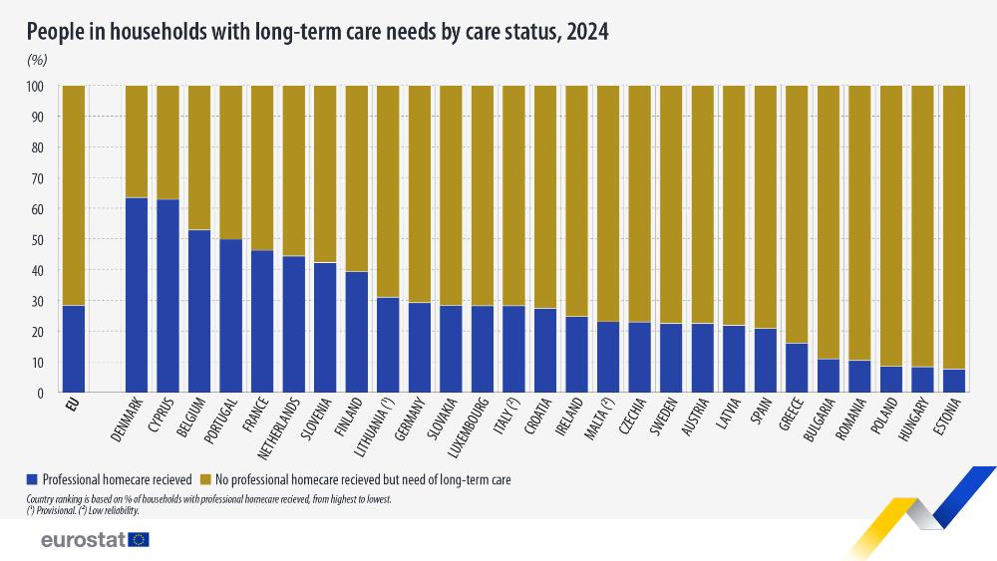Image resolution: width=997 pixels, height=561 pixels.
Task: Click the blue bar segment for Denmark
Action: [137, 295]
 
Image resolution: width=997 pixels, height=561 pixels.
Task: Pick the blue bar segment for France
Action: [262, 321]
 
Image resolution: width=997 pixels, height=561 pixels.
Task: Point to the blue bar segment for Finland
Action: [357, 332]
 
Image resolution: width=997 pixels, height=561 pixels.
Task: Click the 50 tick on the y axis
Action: [39, 240]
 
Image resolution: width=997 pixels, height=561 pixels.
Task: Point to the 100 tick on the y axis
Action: [36, 87]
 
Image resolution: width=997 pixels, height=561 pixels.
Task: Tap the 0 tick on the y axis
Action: [41, 394]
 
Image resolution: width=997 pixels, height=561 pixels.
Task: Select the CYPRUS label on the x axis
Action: [161, 418]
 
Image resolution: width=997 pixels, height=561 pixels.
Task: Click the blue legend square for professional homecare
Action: [35, 479]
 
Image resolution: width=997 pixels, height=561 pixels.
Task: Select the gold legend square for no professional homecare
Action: [206, 479]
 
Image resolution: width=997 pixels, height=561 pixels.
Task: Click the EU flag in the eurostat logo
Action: [139, 539]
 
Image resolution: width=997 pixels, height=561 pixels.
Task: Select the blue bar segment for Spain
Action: [765, 361]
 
